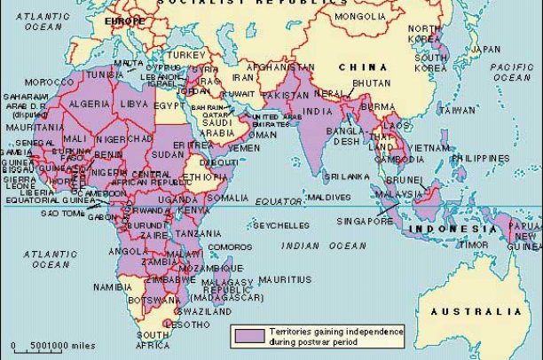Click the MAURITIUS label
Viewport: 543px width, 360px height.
click(x=286, y=279)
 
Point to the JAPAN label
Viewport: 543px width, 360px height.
click(x=484, y=49)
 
